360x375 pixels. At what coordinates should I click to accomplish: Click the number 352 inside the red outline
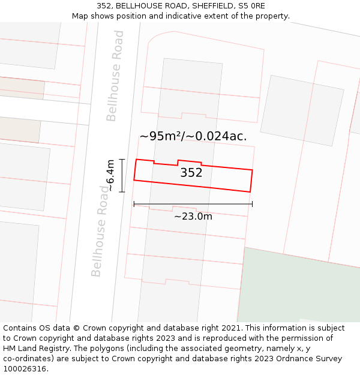click(191, 173)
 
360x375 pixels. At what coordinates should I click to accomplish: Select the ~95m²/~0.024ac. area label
click(193, 136)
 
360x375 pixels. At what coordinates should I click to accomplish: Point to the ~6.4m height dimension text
click(110, 175)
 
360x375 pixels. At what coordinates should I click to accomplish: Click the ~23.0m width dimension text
click(193, 217)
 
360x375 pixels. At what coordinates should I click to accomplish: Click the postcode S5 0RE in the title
click(251, 6)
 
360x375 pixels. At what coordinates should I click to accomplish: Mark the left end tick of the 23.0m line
click(134, 204)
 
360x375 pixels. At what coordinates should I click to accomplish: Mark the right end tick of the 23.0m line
click(252, 204)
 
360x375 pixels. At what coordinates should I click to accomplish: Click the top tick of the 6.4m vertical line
click(122, 160)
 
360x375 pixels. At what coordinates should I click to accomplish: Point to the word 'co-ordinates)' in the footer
click(29, 359)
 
